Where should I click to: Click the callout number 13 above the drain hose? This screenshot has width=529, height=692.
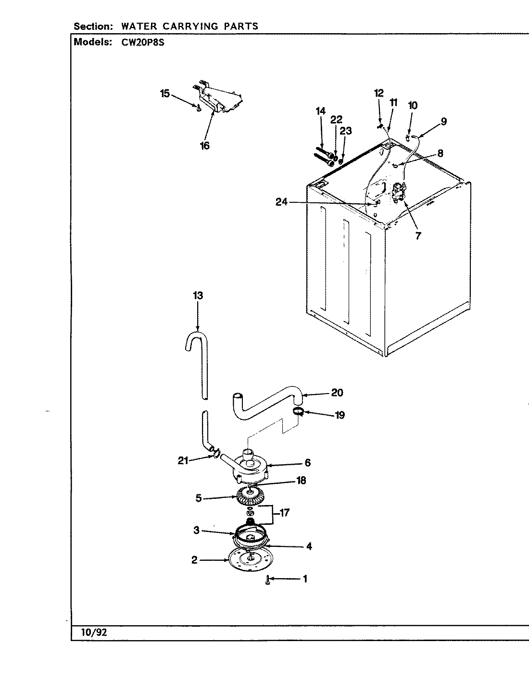[198, 296]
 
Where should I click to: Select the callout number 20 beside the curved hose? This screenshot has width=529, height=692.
[337, 393]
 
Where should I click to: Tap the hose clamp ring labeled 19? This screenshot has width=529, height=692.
[298, 411]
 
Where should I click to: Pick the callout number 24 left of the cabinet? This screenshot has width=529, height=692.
[281, 202]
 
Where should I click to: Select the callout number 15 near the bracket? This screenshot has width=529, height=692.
[165, 93]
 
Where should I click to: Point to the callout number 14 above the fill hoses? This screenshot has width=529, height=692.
[321, 111]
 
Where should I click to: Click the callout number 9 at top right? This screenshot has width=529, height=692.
[443, 122]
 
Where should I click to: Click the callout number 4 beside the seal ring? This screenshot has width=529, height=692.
[309, 546]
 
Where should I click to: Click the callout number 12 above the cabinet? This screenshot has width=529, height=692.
[379, 93]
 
